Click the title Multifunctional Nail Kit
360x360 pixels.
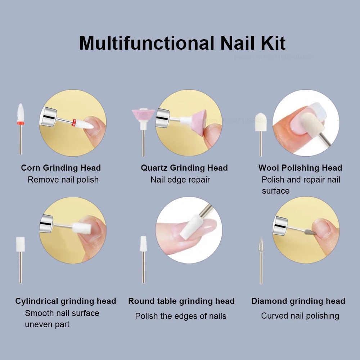pos(182,43)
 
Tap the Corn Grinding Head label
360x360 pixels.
pos(61,168)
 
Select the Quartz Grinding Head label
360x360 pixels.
pos(184,168)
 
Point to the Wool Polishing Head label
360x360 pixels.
pos(300,168)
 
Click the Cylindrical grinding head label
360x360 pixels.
pos(66,301)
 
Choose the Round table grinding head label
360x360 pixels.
pos(181,301)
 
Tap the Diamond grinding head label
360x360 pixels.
pos(298,301)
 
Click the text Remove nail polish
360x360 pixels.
pos(63,180)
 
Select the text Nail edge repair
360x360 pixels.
pos(180,180)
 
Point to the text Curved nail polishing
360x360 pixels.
pos(300,316)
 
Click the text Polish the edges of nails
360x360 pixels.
pos(181,316)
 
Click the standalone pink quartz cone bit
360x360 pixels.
pos(143,115)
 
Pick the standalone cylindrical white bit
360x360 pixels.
pos(21,244)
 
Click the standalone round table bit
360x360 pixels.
pos(143,243)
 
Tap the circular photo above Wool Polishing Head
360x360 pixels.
pos(306,123)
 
